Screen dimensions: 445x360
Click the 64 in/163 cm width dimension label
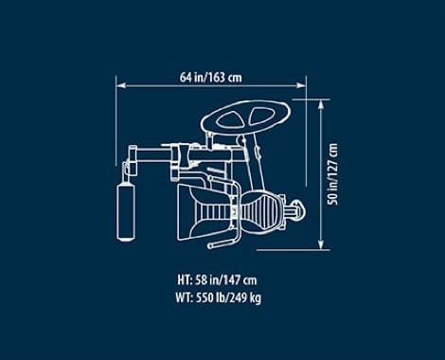(211, 77)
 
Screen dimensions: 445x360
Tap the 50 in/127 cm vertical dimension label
(332, 174)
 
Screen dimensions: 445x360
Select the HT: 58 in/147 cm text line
(217, 279)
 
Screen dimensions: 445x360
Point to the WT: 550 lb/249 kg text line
(219, 297)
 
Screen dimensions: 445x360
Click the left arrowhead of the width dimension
(121, 85)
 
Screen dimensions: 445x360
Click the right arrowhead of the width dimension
(301, 85)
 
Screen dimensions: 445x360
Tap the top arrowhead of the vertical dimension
(321, 104)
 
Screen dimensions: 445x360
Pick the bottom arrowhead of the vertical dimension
(321, 244)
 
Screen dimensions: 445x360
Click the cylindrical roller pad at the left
(126, 212)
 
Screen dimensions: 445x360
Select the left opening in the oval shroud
(231, 119)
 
